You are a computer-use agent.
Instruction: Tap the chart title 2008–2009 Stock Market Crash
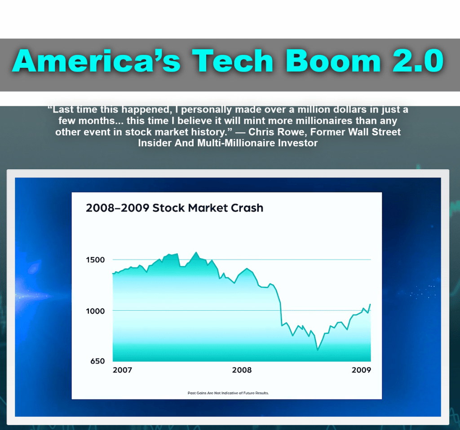(174, 208)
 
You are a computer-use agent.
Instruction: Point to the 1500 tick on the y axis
(95, 260)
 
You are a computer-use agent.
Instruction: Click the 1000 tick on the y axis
(95, 311)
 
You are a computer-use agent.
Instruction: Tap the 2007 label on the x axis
(122, 370)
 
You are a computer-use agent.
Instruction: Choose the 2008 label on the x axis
(242, 370)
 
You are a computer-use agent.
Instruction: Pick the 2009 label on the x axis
(361, 370)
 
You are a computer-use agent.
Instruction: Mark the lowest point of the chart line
(318, 350)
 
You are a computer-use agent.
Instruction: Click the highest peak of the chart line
(196, 252)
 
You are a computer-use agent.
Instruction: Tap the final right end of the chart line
(371, 304)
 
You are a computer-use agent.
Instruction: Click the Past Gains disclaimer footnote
(228, 393)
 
